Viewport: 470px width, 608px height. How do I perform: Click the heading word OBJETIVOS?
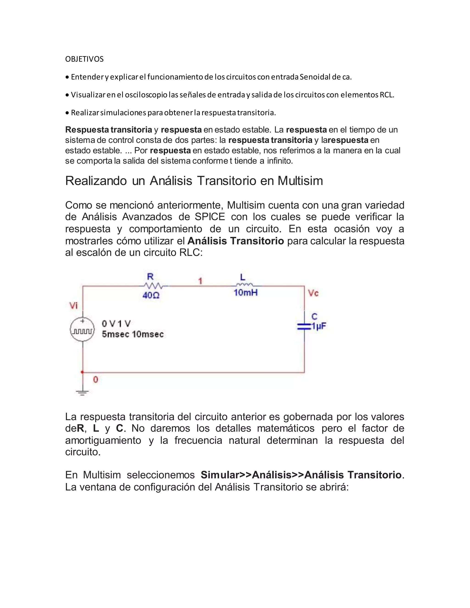point(84,59)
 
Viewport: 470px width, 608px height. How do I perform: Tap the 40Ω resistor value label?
point(151,295)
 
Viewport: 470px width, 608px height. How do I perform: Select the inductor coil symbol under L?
point(244,285)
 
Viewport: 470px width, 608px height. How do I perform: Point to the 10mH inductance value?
point(246,293)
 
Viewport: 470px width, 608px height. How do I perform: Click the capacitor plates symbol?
point(304,326)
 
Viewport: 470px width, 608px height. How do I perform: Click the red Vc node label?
point(313,293)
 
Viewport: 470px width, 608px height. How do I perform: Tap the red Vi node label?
point(73,306)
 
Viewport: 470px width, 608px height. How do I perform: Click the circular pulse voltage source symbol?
point(82,329)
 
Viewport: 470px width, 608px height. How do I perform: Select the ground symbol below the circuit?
point(82,393)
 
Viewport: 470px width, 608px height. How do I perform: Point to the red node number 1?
point(200,281)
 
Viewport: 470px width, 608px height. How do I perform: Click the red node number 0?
point(95,380)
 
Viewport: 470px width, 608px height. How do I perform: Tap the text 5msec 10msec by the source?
point(133,334)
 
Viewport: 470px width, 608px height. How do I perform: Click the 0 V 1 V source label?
point(116,324)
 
